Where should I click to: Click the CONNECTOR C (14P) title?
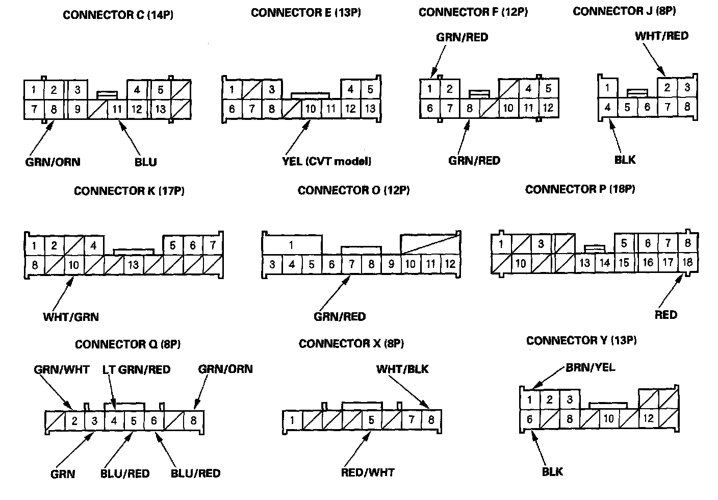[118, 15]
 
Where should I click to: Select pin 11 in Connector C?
[117, 109]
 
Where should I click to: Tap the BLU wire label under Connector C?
[146, 162]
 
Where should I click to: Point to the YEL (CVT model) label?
[326, 161]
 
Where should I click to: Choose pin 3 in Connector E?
[272, 90]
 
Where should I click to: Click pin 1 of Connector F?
[430, 89]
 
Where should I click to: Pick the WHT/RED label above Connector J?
[661, 36]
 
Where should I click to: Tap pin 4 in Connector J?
[607, 107]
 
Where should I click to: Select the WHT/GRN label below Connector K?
[71, 316]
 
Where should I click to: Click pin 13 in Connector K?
[134, 265]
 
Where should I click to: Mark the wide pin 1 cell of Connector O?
[291, 245]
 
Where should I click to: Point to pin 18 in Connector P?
[687, 262]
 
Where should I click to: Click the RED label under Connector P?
[665, 314]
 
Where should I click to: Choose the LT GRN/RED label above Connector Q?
[137, 369]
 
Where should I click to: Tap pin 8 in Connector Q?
[193, 421]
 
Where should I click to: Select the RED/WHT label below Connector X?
[368, 472]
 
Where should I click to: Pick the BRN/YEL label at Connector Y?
[590, 367]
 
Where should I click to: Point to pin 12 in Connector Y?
[648, 418]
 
